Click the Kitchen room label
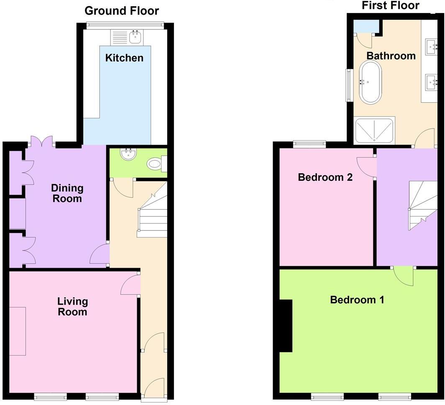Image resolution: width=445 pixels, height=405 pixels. [124, 58]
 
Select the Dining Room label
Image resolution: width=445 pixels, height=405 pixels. [67, 193]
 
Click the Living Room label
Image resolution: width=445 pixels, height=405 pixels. [72, 306]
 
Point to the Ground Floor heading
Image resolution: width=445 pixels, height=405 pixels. [122, 10]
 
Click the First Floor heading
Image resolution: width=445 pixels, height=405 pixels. [390, 5]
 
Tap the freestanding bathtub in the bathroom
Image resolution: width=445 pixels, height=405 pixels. [370, 82]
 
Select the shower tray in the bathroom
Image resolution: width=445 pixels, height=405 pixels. [374, 131]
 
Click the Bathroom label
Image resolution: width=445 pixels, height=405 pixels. [391, 56]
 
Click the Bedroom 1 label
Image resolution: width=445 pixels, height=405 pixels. [357, 300]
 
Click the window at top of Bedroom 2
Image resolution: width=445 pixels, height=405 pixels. [309, 144]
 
